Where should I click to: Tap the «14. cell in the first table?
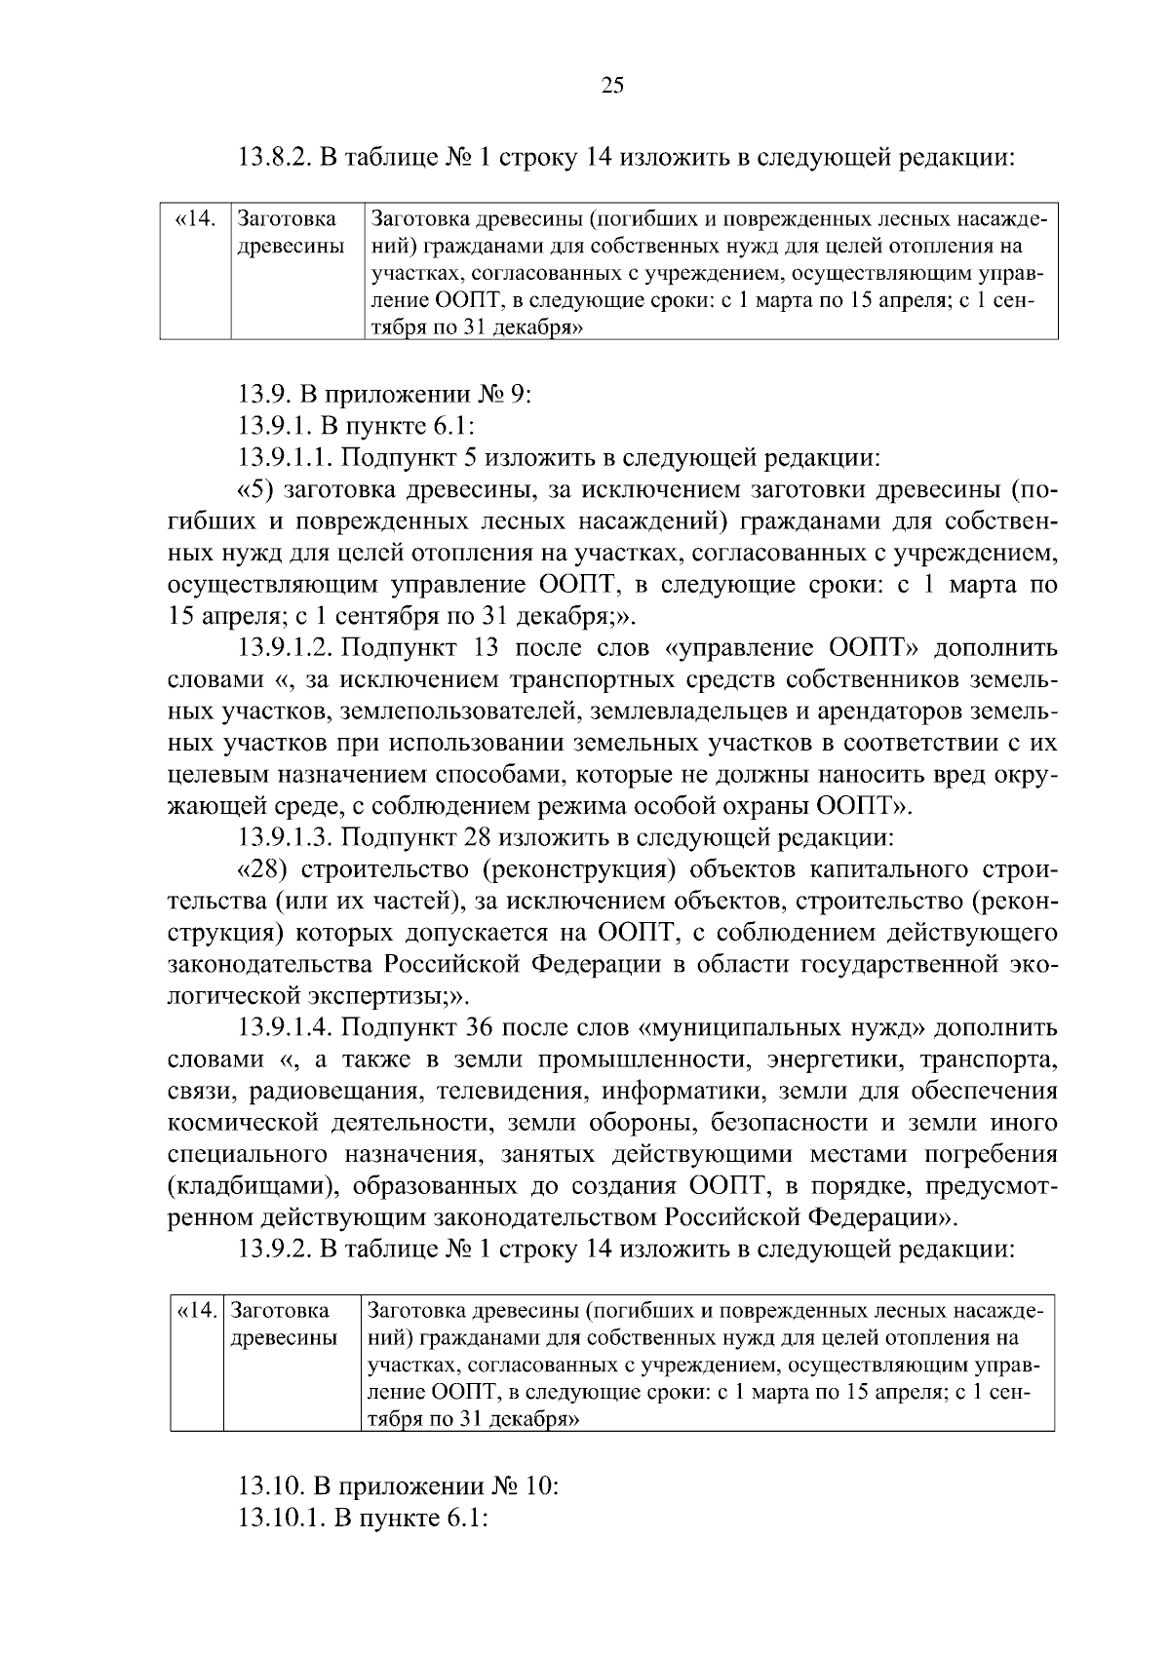(x=194, y=219)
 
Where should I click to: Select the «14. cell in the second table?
(x=197, y=1312)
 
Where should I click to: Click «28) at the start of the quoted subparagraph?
(x=268, y=870)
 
